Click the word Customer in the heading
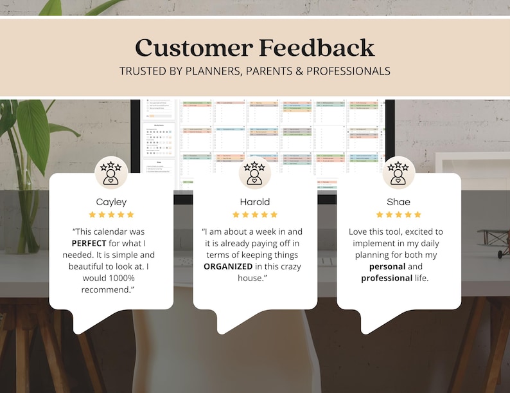(x=193, y=48)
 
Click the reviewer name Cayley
(x=111, y=202)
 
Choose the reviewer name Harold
(x=255, y=202)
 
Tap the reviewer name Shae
(x=399, y=202)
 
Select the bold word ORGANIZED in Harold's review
(x=233, y=266)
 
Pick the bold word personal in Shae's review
(x=387, y=266)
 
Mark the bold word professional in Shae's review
(x=387, y=278)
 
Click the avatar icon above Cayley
(x=111, y=173)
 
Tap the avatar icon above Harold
(x=255, y=173)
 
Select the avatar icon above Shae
(x=399, y=173)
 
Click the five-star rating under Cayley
(x=111, y=215)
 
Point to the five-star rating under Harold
(x=255, y=215)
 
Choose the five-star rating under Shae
(x=399, y=215)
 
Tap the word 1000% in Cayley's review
(x=116, y=278)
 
